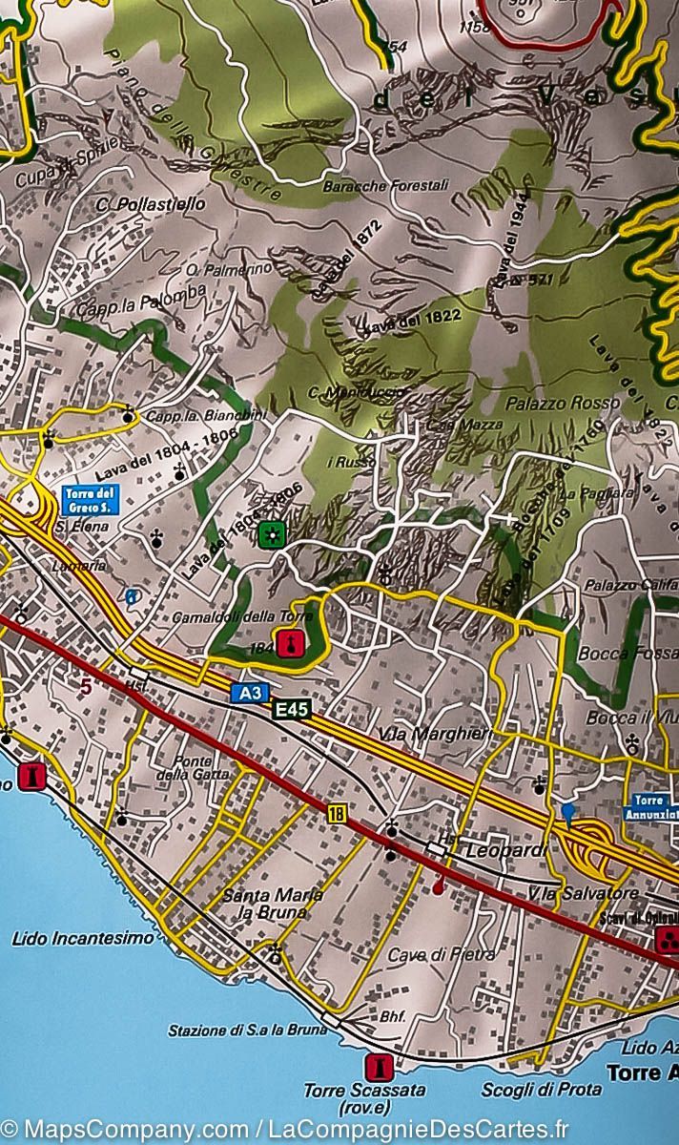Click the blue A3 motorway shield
(249, 692)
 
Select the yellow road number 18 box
(336, 812)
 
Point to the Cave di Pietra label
(442, 953)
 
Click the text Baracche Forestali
(368, 186)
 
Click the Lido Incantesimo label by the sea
(82, 938)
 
